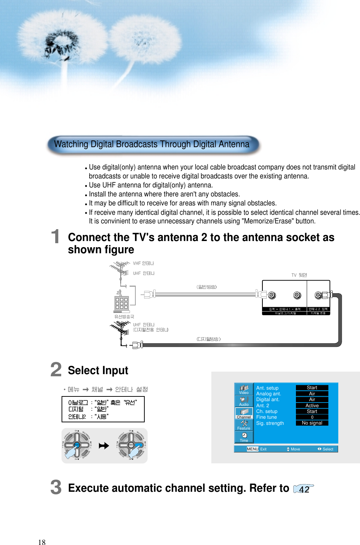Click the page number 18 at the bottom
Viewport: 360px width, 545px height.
pos(42,542)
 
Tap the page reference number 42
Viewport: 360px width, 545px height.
pos(304,489)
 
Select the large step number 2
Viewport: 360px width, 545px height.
pos(56,369)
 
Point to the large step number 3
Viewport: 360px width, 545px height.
pos(56,487)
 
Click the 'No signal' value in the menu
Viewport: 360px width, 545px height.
pos(312,423)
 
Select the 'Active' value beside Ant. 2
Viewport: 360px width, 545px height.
pos(312,405)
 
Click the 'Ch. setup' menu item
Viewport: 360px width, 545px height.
pos(267,411)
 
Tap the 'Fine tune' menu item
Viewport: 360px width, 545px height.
pos(266,417)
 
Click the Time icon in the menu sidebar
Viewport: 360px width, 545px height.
pos(244,437)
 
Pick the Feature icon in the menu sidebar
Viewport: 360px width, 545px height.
pos(244,425)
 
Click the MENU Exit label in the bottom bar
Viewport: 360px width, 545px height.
pos(256,449)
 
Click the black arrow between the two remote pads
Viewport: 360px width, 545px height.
pos(104,446)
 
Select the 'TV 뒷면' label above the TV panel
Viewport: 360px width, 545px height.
pos(299,275)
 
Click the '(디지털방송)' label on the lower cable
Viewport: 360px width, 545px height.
pos(208,339)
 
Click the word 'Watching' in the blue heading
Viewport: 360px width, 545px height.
pos(71,144)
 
